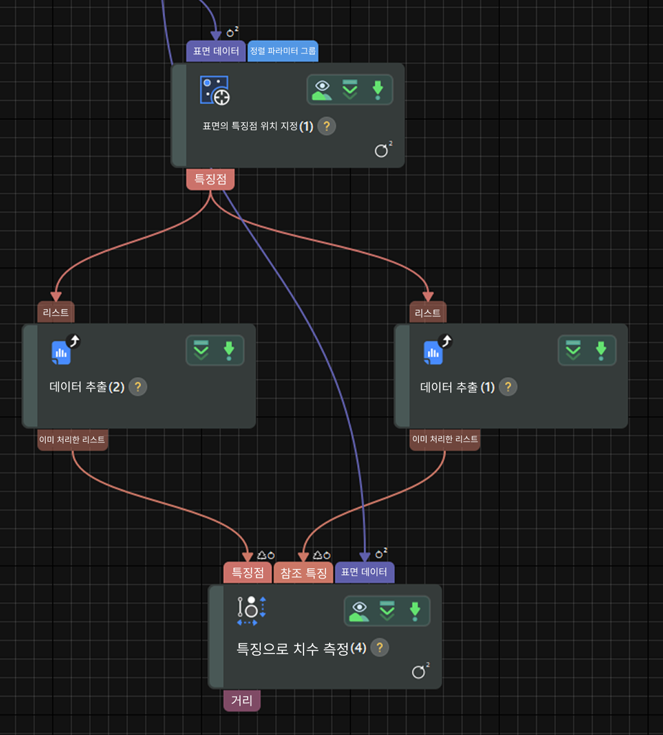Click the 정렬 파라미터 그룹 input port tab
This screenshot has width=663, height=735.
tap(283, 51)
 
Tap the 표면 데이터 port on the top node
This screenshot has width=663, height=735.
tap(216, 51)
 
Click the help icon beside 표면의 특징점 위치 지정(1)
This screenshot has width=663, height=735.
tap(327, 126)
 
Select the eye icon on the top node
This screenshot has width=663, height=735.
tap(322, 90)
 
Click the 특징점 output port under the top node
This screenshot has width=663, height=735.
tap(210, 179)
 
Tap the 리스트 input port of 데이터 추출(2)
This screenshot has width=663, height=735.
tap(56, 312)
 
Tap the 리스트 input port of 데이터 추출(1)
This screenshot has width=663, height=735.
tap(427, 312)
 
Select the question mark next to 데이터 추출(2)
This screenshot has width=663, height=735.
tap(138, 387)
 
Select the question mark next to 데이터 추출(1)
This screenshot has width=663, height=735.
tap(508, 387)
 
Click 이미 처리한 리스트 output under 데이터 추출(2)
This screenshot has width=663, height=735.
tap(73, 440)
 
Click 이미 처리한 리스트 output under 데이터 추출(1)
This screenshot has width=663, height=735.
tap(445, 440)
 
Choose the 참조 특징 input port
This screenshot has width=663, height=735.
tap(303, 573)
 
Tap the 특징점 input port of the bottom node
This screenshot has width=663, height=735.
tap(248, 573)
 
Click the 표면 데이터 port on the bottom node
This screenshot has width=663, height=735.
tap(364, 573)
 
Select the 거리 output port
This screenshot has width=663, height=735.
tap(242, 700)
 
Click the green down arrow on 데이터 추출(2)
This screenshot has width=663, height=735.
tap(229, 350)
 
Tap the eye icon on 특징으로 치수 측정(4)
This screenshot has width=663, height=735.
tap(359, 611)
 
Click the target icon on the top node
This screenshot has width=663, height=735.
tap(214, 90)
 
